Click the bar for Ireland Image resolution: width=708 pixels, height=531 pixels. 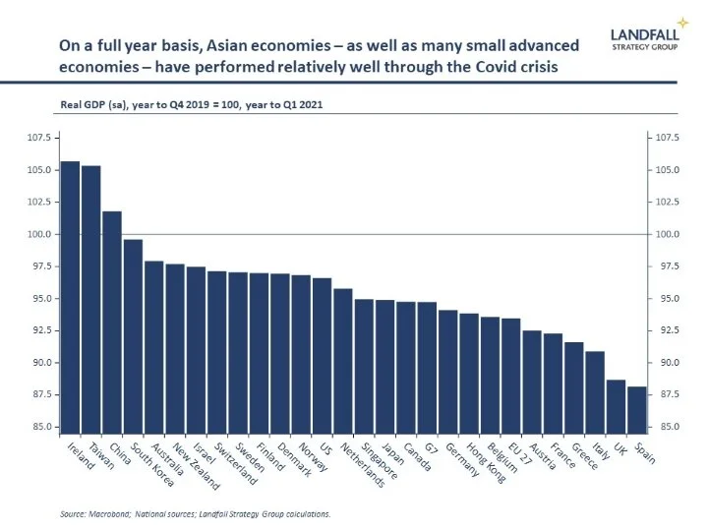[x=70, y=295]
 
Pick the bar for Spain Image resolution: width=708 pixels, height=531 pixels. [x=637, y=409]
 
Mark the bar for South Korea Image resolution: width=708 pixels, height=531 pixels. [x=134, y=334]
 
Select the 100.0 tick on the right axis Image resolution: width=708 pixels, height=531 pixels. [x=669, y=234]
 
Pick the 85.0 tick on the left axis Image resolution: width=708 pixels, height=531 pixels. [x=40, y=427]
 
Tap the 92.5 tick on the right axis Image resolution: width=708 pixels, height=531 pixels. [x=669, y=330]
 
